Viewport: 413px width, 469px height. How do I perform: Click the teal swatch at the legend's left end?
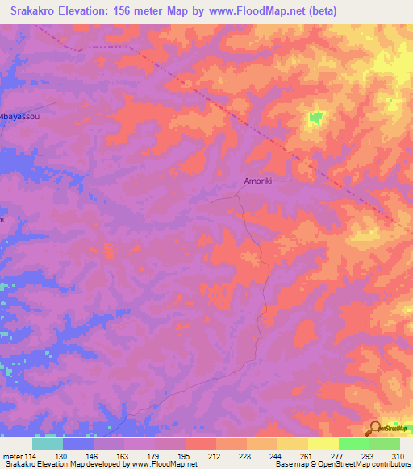point(48,444)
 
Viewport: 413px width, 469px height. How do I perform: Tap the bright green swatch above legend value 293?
point(353,444)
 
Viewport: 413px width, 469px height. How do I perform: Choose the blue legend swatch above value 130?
point(78,444)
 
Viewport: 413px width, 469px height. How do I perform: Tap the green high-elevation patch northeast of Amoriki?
point(315,118)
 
